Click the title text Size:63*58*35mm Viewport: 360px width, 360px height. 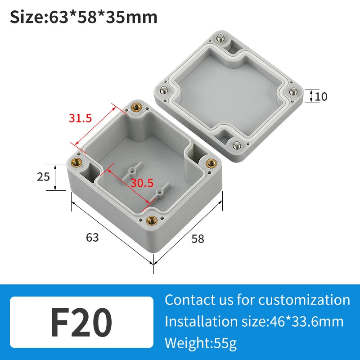(x=84, y=18)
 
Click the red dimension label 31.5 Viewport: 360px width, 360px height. (x=80, y=118)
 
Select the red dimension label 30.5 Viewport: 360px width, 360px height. (x=142, y=183)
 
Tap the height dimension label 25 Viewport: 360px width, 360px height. (x=43, y=177)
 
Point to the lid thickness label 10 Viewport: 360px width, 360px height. (x=321, y=96)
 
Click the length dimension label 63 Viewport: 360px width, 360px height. (x=92, y=237)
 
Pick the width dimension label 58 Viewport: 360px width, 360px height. (x=198, y=238)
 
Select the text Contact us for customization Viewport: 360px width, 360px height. (x=257, y=300)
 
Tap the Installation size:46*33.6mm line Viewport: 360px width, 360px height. (x=254, y=321)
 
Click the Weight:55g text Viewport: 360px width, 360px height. (x=200, y=343)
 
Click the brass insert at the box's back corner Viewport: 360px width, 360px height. (x=135, y=107)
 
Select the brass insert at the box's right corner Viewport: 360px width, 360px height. (x=210, y=163)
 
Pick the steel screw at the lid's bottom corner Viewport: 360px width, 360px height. (x=236, y=144)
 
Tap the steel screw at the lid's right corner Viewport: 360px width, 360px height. (x=293, y=92)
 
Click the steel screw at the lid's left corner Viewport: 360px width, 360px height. (x=166, y=89)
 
